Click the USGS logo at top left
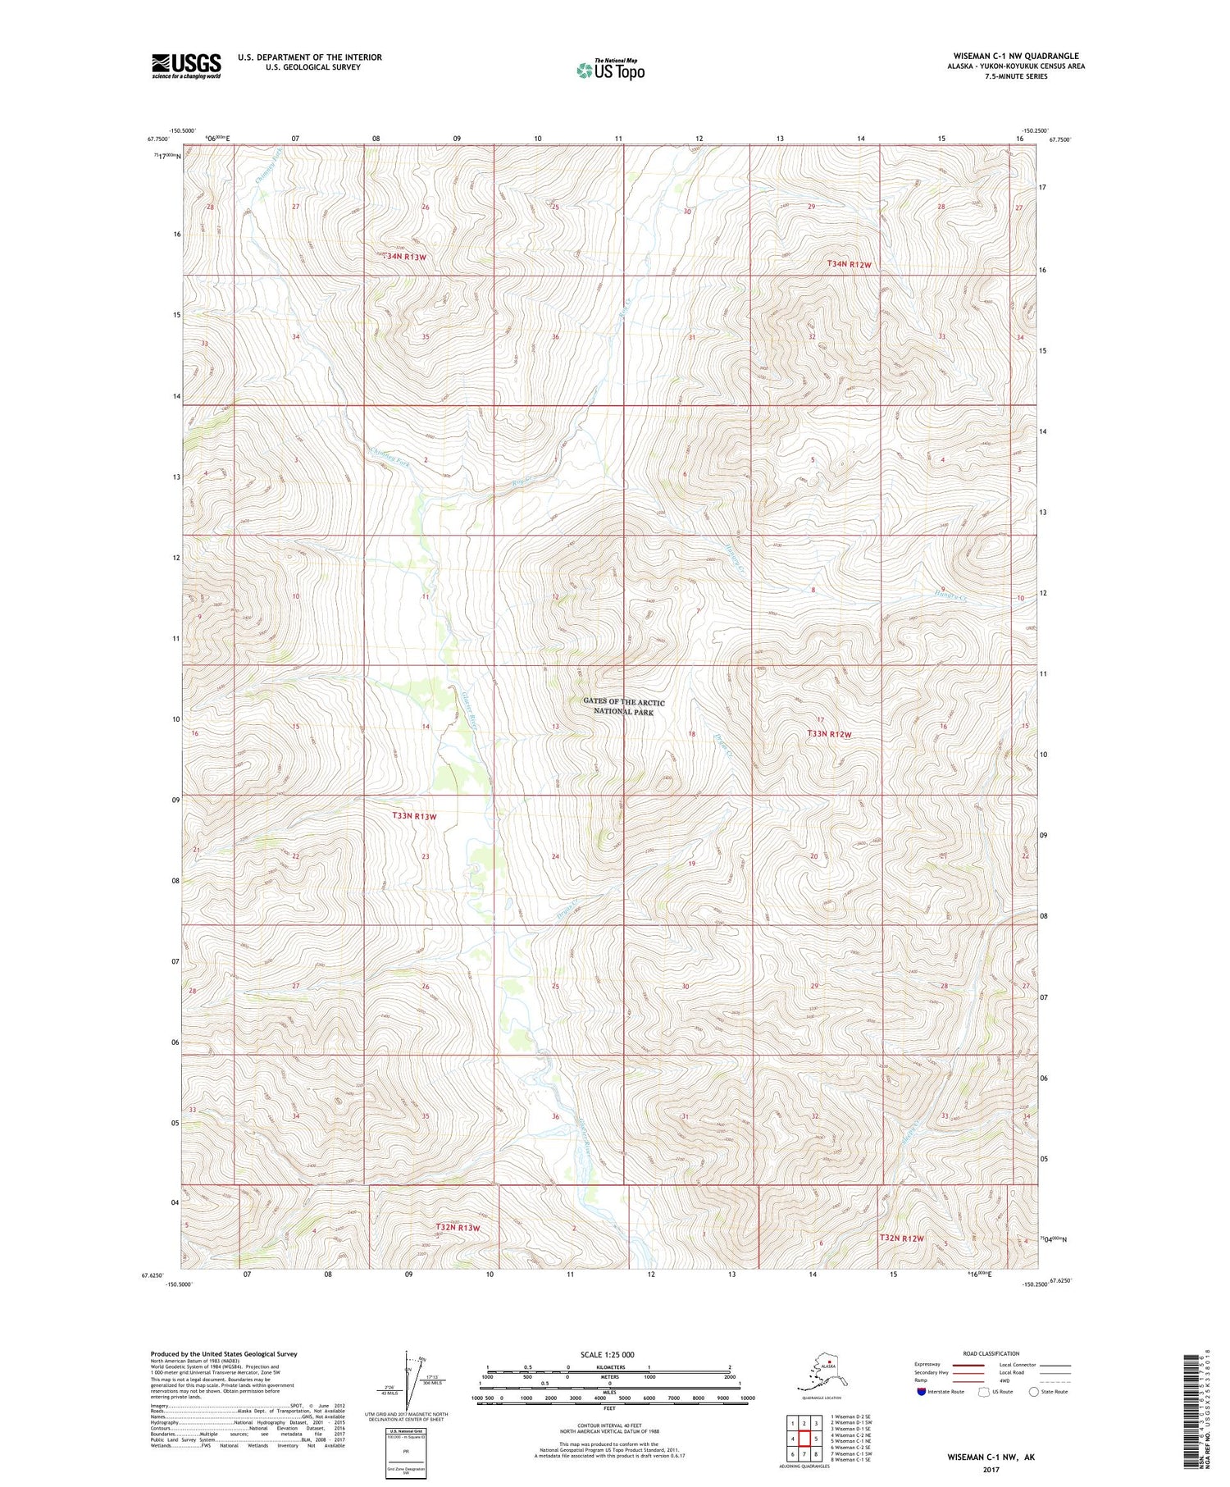click(x=186, y=66)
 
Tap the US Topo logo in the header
click(x=610, y=70)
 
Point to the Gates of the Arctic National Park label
click(x=623, y=707)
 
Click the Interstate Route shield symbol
click(x=921, y=1392)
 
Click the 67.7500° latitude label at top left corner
click(x=157, y=139)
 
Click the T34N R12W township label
click(x=848, y=264)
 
